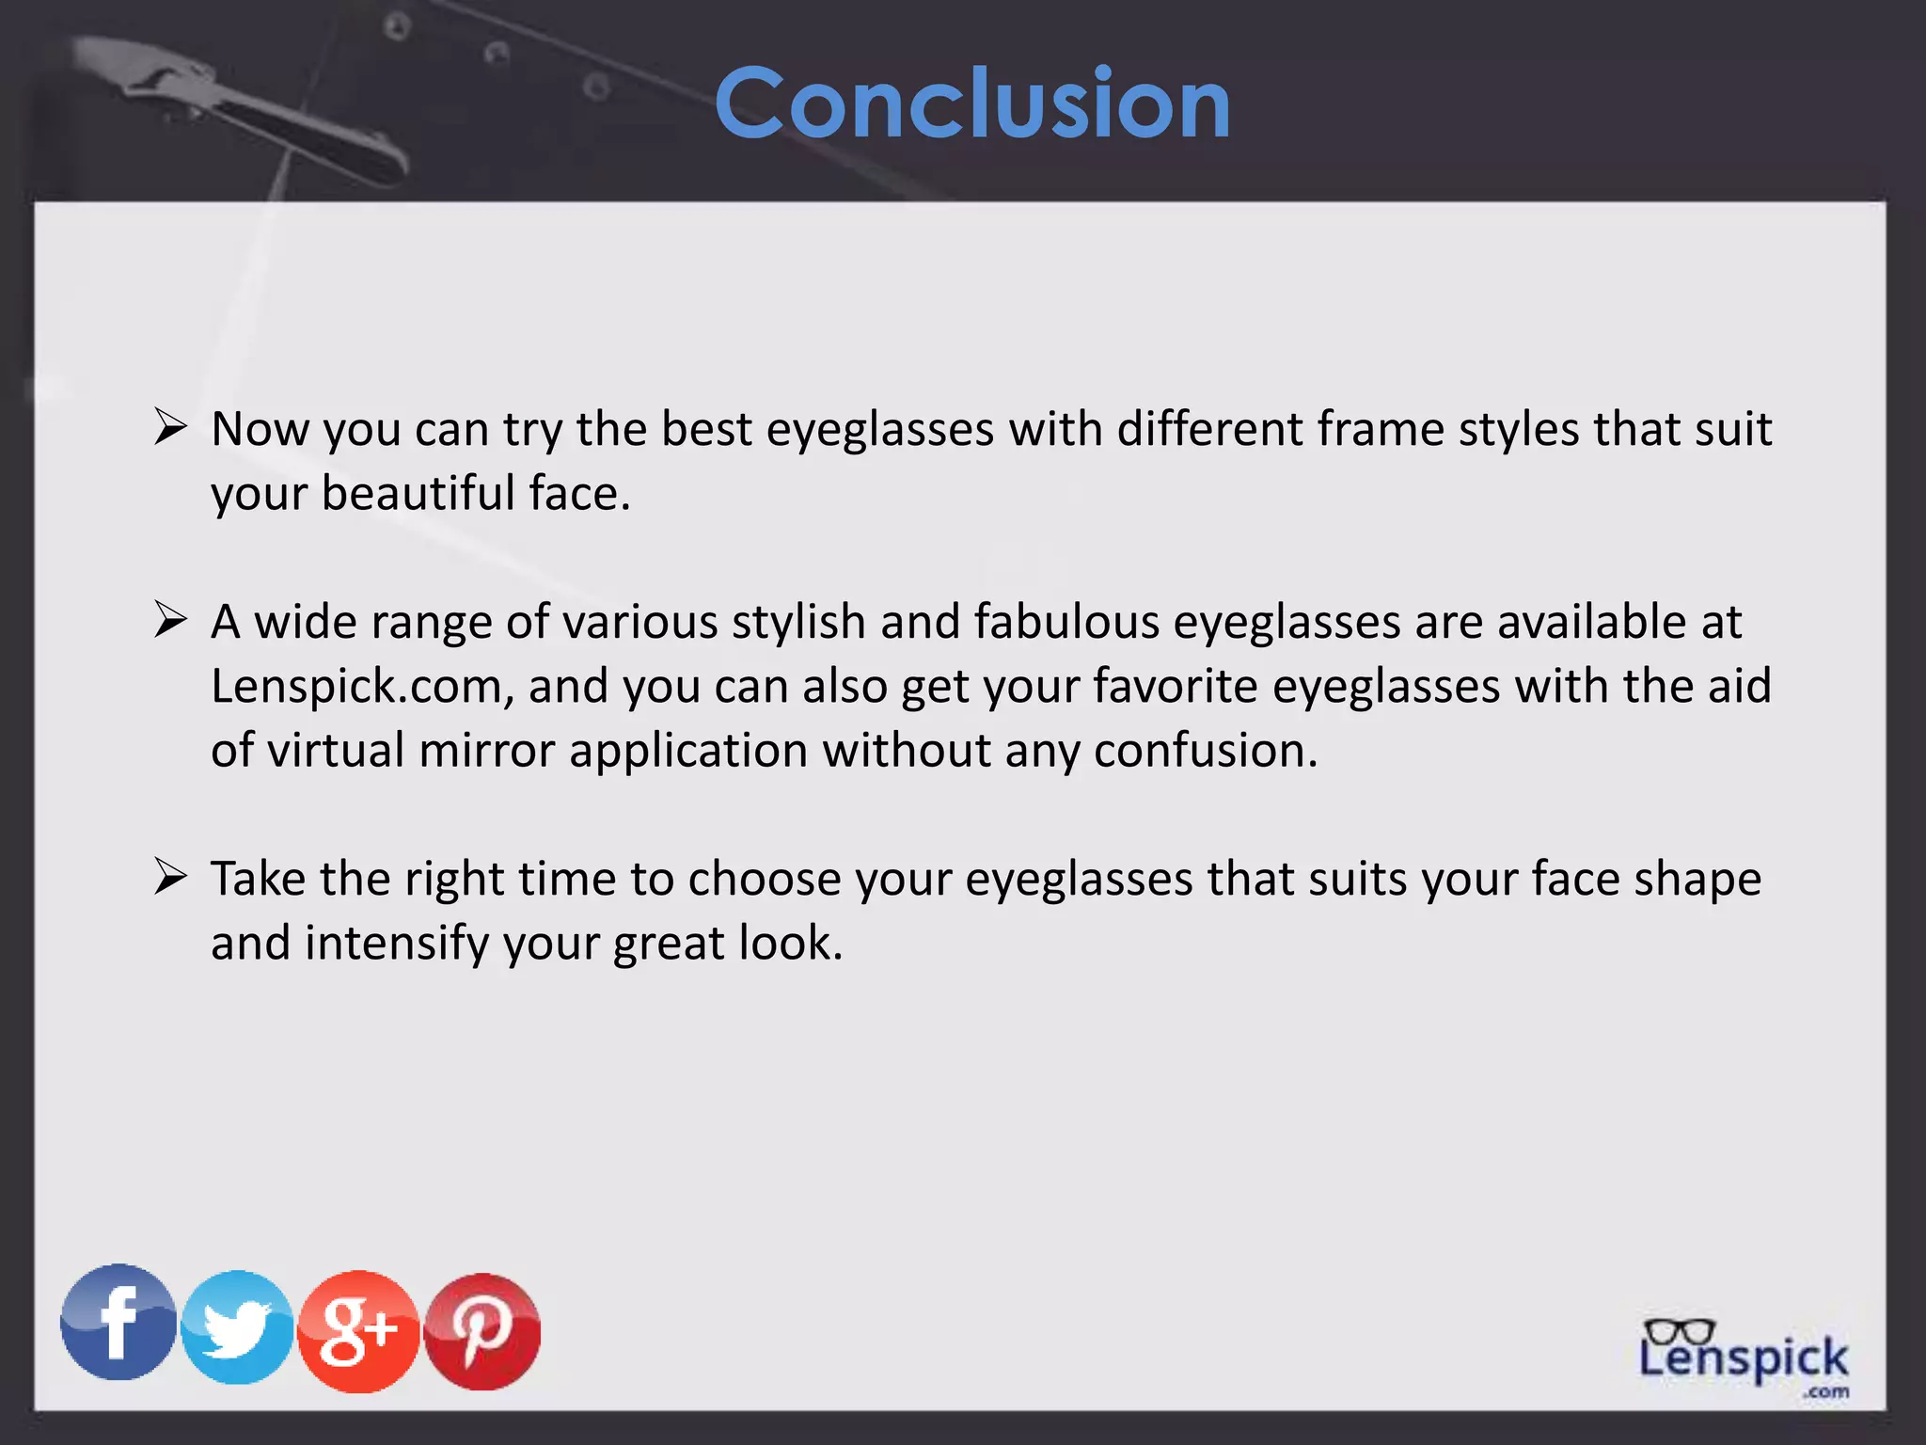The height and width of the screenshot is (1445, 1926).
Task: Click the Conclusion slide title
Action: tap(972, 103)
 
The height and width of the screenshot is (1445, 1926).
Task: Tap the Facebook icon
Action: tap(118, 1322)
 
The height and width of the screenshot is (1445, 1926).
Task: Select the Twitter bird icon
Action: tap(237, 1327)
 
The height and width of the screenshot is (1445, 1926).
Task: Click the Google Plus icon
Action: tap(357, 1330)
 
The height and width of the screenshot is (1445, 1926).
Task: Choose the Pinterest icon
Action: tap(482, 1331)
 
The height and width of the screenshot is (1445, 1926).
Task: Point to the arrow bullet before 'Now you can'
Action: tap(171, 427)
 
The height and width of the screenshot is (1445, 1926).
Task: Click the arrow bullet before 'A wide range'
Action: tap(171, 620)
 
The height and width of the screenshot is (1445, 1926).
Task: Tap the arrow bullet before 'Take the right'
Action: tap(171, 877)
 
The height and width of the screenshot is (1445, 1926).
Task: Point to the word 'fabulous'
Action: tap(1066, 622)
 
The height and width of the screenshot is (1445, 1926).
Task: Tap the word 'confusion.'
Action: tap(1206, 751)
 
